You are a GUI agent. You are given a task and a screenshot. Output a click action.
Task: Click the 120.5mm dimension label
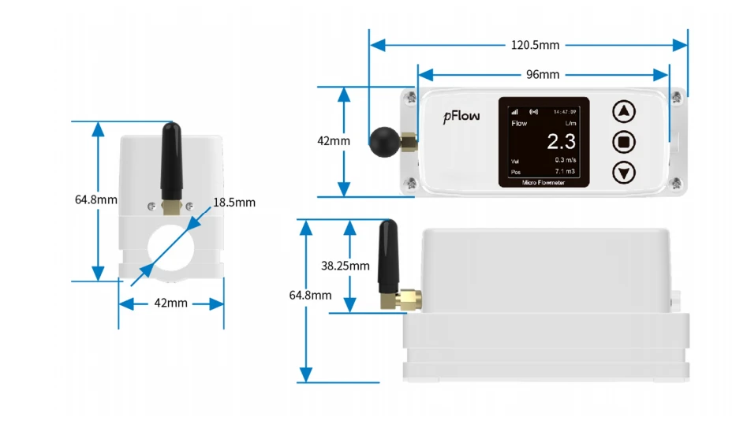(x=535, y=45)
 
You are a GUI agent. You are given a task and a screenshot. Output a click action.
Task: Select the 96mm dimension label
(x=543, y=75)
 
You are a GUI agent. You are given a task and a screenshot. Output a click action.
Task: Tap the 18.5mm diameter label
(x=234, y=203)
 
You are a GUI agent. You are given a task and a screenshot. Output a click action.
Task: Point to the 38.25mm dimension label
(x=345, y=266)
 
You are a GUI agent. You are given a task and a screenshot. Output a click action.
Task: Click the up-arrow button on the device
(x=624, y=112)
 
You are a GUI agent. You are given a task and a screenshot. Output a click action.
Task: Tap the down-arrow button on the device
(x=624, y=173)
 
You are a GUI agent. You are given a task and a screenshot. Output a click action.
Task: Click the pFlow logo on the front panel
(x=461, y=117)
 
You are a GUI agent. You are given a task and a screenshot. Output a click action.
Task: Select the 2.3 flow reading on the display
(x=561, y=141)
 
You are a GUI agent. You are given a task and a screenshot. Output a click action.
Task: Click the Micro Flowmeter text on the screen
(x=543, y=182)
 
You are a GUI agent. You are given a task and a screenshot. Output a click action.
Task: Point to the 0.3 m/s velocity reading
(x=566, y=160)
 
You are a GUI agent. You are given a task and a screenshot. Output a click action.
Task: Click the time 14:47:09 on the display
(x=565, y=112)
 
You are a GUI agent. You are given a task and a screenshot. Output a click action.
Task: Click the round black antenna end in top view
(x=385, y=142)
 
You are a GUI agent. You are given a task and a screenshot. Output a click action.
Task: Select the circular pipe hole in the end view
(x=170, y=248)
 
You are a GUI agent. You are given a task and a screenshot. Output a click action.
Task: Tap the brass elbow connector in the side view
(x=404, y=300)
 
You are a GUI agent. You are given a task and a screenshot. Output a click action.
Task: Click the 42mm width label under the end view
(x=170, y=303)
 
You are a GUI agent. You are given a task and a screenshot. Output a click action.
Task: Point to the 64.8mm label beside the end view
(x=96, y=199)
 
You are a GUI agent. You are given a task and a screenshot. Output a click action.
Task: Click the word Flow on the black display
(x=519, y=123)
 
